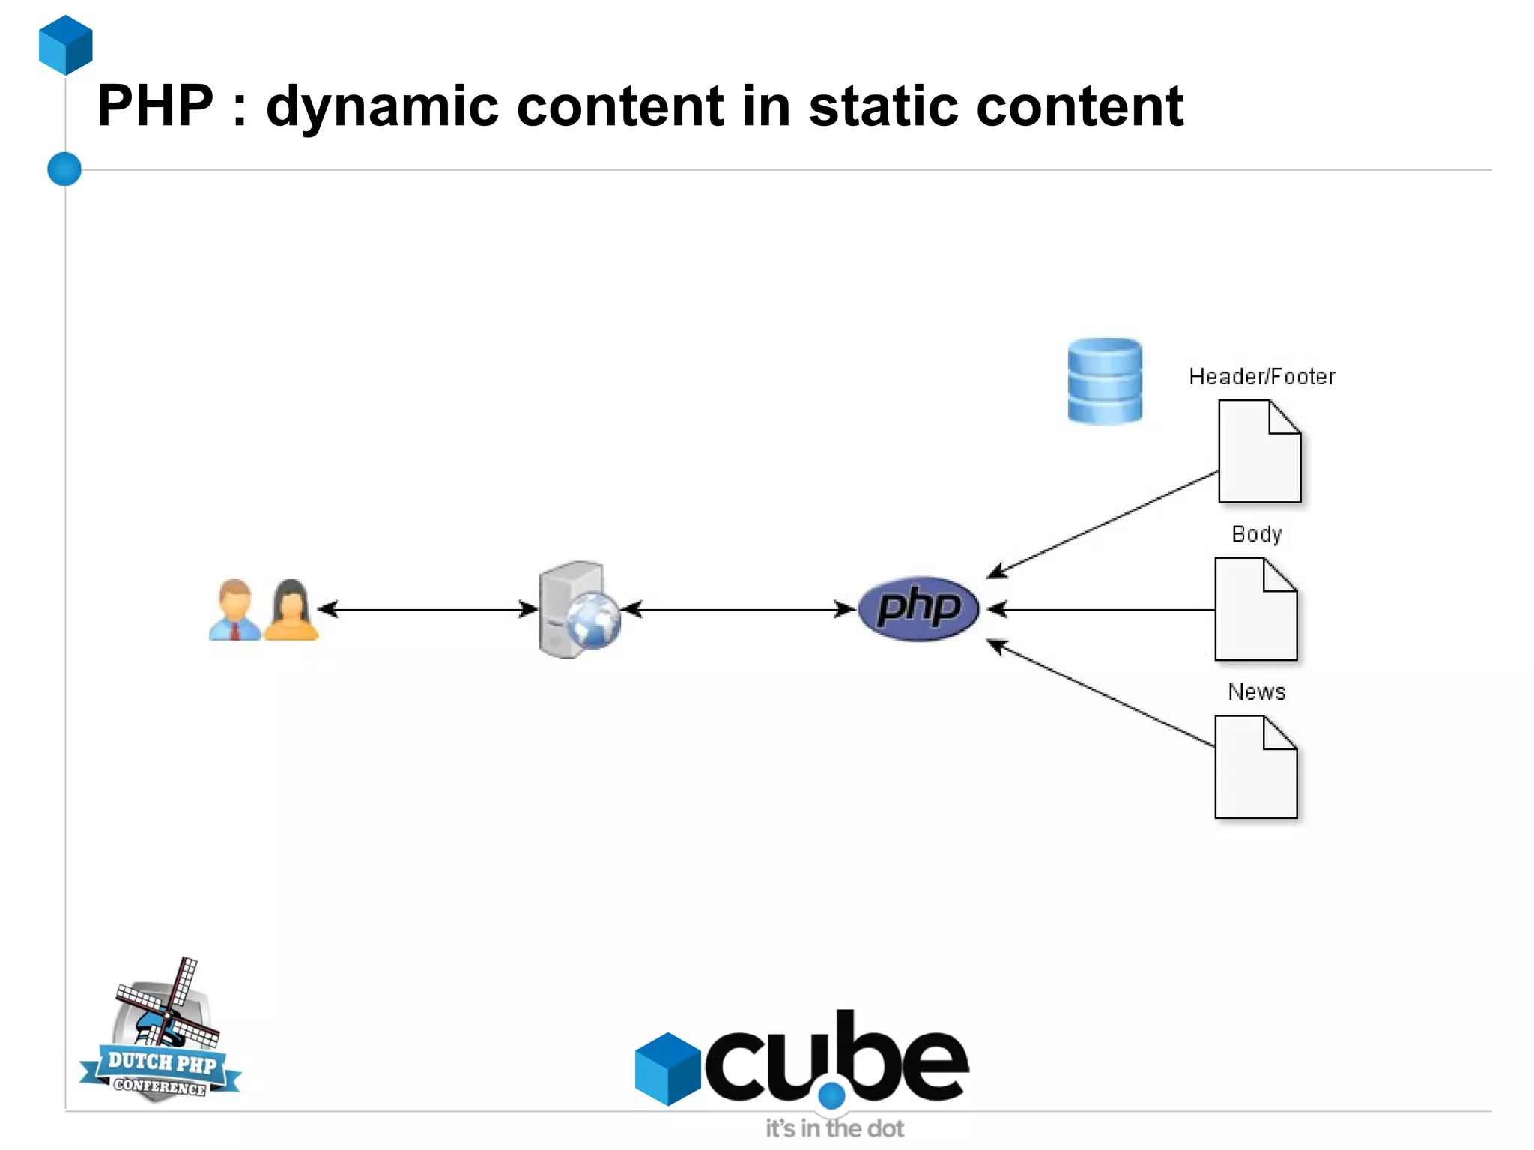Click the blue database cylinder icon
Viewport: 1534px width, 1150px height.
click(1105, 381)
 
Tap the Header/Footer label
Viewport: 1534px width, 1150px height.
click(1261, 376)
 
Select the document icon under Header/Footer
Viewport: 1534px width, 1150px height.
click(1259, 452)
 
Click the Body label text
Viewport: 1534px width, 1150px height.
click(1256, 534)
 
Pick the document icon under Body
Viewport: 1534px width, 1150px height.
click(1255, 609)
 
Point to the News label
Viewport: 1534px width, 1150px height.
click(1256, 691)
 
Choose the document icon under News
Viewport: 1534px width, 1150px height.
click(1255, 767)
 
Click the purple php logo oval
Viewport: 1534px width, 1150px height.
click(918, 608)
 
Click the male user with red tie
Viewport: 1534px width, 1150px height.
click(235, 611)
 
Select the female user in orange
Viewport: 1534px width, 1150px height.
click(291, 611)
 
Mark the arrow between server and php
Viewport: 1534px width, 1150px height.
click(738, 609)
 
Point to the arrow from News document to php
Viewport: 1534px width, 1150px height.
click(1101, 693)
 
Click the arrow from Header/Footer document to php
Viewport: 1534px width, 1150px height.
click(1101, 524)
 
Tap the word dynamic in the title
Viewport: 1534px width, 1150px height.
click(382, 106)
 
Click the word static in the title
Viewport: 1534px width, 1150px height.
click(883, 106)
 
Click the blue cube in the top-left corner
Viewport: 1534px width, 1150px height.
click(66, 45)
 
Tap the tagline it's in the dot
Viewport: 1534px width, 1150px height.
click(834, 1128)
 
